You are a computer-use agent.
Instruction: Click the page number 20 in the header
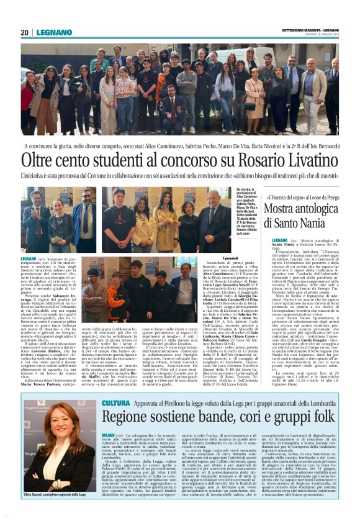(x=24, y=32)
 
